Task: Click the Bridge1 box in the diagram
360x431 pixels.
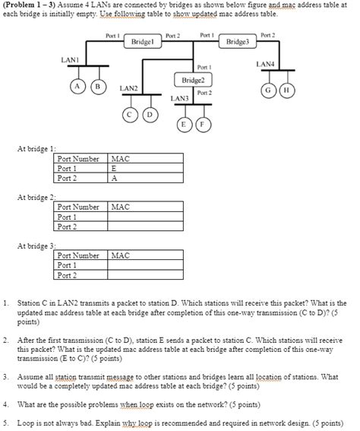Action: pos(144,42)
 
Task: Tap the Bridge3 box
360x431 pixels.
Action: pos(236,42)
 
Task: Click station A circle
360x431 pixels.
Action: pos(79,87)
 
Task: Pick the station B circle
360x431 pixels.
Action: pos(96,87)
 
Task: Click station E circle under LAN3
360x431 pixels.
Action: pos(184,124)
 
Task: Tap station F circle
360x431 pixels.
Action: pos(201,124)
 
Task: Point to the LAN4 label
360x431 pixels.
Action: pos(267,64)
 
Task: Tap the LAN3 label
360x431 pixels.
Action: pos(179,99)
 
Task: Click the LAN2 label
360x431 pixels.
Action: pos(128,89)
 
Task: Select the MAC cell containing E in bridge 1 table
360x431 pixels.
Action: pos(145,169)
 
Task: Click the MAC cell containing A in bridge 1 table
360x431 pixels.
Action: pos(145,178)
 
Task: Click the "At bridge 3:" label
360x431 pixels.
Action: pos(36,246)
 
